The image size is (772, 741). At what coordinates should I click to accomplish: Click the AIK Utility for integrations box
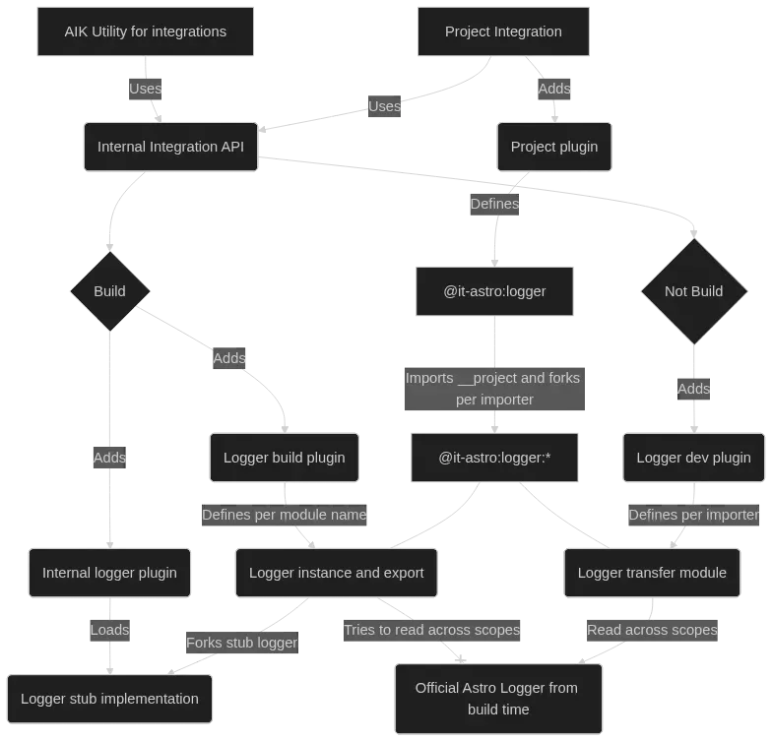coord(146,31)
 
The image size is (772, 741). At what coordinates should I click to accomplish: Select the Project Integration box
coord(503,31)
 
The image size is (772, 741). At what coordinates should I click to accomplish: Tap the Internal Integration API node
coord(170,147)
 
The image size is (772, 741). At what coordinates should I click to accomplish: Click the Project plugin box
coord(553,147)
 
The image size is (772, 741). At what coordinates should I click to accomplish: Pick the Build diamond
coord(109,291)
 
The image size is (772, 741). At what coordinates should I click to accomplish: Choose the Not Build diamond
coord(693,291)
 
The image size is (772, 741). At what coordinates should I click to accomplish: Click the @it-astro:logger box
coord(494,291)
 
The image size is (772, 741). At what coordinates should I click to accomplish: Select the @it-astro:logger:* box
coord(494,458)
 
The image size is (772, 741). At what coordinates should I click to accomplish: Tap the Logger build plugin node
coord(285,458)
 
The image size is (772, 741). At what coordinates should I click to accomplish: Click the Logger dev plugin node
coord(693,458)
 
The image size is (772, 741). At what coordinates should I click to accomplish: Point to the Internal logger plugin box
coord(109,573)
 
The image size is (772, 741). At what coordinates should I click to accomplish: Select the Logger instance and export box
coord(337,573)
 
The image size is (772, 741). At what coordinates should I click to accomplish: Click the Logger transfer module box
coord(652,573)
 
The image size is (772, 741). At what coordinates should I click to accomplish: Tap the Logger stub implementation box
coord(109,699)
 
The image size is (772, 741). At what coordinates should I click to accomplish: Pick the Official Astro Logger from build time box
coord(496,699)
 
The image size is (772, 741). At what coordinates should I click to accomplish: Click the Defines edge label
coord(494,204)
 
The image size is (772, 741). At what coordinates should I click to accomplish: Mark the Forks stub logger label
coord(241,643)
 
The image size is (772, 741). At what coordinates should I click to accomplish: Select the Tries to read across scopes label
coord(431,630)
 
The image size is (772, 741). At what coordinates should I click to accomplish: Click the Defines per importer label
coord(693,515)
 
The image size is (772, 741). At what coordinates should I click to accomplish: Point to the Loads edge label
coord(109,630)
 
